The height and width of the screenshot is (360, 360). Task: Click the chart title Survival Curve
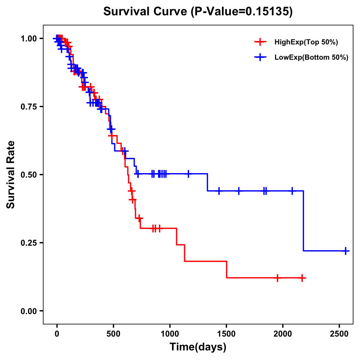198,11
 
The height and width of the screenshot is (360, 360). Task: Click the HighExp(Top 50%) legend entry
306,42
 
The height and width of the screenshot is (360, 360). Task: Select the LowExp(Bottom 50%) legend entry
311,58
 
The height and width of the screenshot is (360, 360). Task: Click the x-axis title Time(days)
198,347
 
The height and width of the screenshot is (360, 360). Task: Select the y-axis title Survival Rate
11,174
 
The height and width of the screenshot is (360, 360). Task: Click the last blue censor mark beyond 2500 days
346,251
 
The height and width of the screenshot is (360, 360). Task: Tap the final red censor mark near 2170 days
302,278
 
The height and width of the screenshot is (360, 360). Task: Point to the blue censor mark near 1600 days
239,191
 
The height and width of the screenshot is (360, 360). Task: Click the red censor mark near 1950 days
277,278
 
